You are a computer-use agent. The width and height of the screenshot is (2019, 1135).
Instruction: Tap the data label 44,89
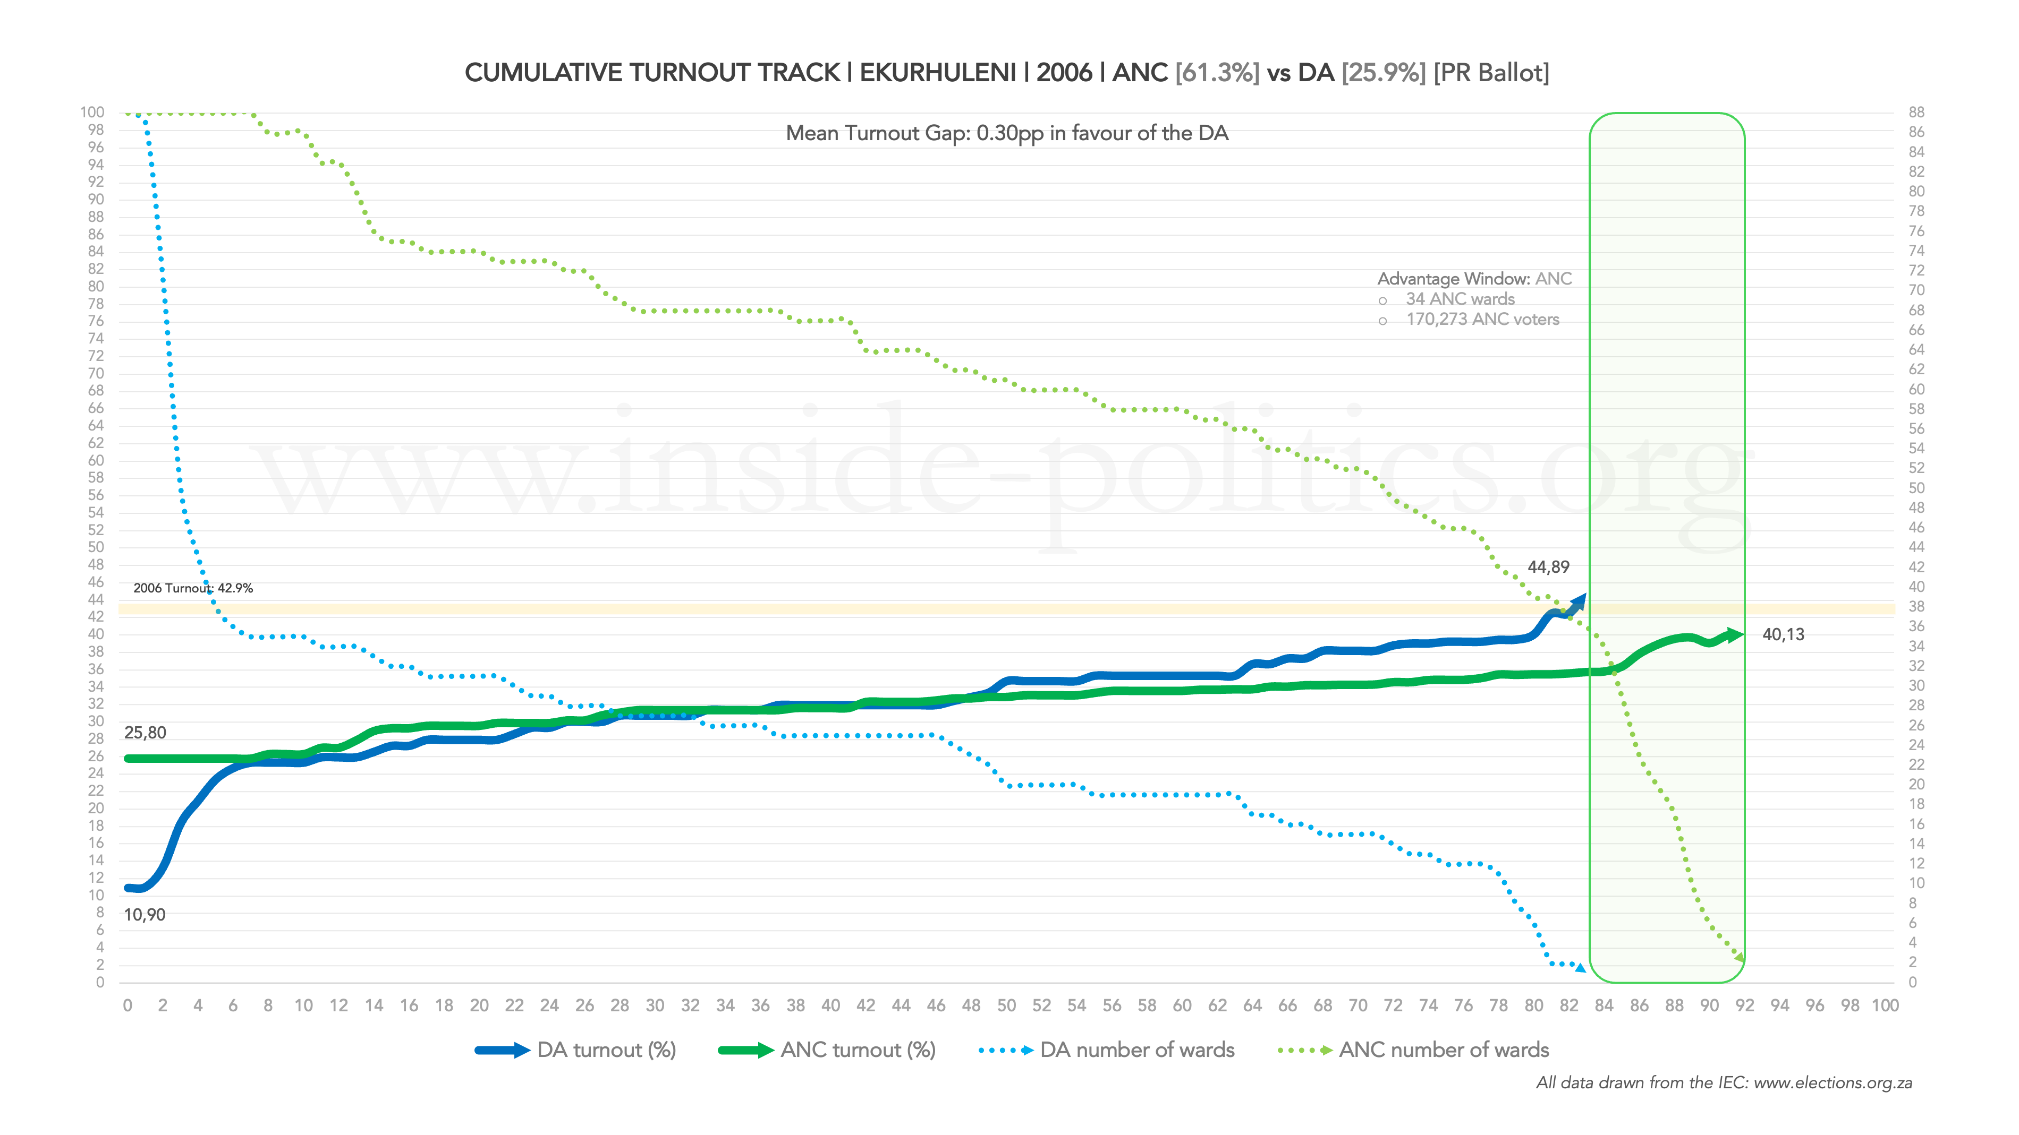tap(1548, 567)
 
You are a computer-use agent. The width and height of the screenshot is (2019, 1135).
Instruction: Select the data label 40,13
tap(1783, 634)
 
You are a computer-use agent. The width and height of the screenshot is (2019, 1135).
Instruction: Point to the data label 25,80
tap(145, 733)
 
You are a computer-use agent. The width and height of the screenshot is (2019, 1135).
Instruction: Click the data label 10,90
tap(144, 915)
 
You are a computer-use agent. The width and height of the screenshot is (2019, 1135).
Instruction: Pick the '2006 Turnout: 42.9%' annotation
tap(193, 588)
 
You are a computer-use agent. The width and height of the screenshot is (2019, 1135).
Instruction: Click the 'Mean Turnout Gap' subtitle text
tap(1006, 133)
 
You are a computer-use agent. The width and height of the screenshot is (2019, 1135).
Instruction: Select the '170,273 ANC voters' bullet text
tap(1482, 320)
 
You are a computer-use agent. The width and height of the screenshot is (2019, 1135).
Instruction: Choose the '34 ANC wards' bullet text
tap(1460, 299)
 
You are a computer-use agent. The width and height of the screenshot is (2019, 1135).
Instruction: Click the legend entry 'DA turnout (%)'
tap(606, 1051)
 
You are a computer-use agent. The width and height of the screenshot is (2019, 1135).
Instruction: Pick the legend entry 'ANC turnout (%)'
tap(858, 1051)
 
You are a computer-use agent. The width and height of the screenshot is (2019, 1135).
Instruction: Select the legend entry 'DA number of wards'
tap(1136, 1051)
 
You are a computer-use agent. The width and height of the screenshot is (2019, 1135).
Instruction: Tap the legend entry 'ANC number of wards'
tap(1444, 1051)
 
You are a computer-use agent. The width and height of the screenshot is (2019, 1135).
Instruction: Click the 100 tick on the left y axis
tap(92, 113)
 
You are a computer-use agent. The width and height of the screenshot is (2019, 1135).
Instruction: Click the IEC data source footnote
tap(1724, 1084)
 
